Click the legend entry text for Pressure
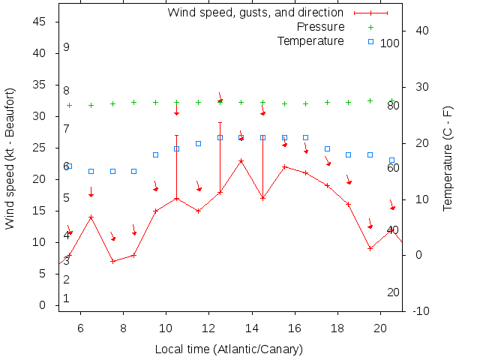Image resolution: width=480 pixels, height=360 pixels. (x=320, y=27)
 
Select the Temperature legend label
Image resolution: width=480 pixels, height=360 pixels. (x=310, y=40)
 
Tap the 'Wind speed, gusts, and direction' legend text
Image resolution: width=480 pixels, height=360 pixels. (x=255, y=13)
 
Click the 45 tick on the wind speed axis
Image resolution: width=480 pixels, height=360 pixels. (x=39, y=22)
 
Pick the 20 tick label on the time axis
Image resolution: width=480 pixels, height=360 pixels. (x=380, y=327)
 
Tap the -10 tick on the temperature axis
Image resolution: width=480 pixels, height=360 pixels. (x=421, y=310)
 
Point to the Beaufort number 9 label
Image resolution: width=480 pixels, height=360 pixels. (x=67, y=47)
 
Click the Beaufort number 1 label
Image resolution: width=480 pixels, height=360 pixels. (x=67, y=298)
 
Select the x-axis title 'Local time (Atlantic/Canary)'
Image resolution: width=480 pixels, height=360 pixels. (x=228, y=349)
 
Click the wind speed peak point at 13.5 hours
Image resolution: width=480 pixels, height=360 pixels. (x=241, y=160)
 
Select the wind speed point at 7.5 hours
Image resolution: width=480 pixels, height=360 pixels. (x=112, y=261)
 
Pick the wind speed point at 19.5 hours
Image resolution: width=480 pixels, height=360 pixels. (x=370, y=248)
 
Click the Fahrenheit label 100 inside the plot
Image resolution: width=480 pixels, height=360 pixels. (x=390, y=43)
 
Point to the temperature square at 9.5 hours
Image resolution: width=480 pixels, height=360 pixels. (x=155, y=155)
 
